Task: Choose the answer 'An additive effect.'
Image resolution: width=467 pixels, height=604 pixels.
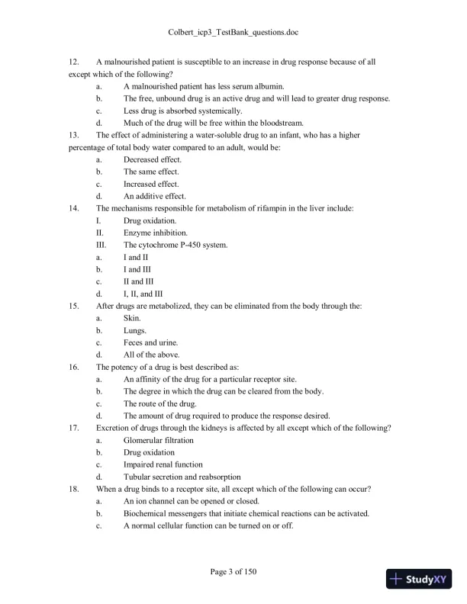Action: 155,196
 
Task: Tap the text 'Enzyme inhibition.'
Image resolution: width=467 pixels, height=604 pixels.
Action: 156,233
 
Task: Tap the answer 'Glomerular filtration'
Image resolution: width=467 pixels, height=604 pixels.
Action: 158,440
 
